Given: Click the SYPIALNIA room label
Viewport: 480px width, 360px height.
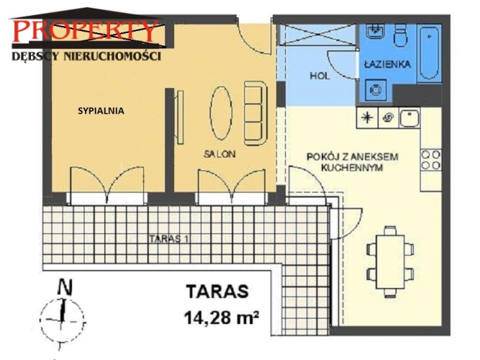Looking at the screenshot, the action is coord(101,111).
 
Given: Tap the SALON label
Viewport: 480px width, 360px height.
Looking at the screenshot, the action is coord(219,154).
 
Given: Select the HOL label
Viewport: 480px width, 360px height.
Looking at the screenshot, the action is coord(320,76).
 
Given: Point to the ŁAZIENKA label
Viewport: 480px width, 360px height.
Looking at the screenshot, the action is coord(387,64).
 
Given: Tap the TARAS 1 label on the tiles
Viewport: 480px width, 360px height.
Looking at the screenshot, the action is coord(168,238).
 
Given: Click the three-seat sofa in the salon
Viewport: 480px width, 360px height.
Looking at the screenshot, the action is coord(255,113).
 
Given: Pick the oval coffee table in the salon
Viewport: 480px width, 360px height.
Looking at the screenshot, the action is coord(221,113).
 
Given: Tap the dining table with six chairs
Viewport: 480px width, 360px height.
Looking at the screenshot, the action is coord(390,261).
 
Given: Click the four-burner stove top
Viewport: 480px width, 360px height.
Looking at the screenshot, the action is coord(431,160).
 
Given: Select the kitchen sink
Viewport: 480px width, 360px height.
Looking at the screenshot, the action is coord(409,117).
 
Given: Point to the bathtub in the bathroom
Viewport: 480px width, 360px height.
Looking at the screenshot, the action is coord(429,53).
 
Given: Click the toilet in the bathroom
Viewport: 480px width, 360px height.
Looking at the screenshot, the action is coord(400,35).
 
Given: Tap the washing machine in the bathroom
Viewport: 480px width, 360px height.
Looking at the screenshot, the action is coord(376,90).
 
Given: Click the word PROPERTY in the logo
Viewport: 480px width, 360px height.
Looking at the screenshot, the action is coord(86,31).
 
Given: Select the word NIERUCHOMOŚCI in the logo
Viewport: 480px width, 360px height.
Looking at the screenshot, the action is coord(112,56).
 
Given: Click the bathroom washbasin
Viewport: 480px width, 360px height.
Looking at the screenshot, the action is coord(375,31).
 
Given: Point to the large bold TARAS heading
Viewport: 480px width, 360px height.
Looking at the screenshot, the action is coord(217,292).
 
